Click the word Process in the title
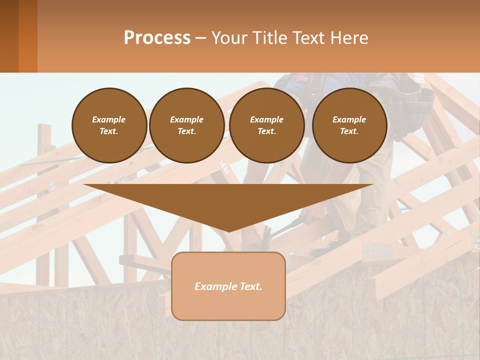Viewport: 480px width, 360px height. (157, 37)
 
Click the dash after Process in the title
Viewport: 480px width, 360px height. (200, 38)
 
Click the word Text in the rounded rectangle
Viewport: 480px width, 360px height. (250, 286)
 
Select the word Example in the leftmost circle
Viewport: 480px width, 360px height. (109, 119)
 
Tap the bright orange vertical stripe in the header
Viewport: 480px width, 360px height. (28, 36)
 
